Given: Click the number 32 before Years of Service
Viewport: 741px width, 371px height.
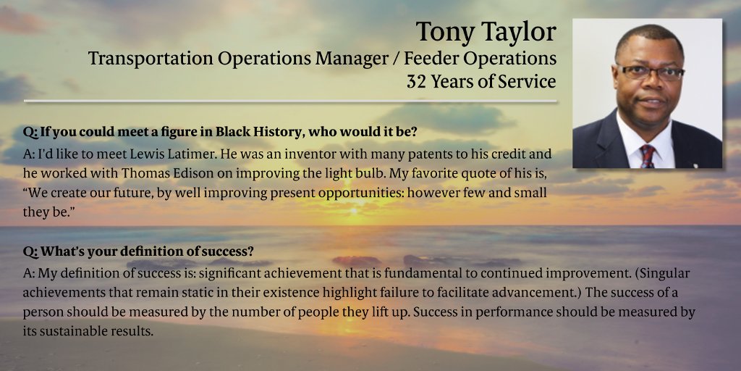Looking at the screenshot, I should click(417, 82).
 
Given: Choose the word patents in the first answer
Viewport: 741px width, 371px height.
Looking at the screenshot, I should click(406, 154).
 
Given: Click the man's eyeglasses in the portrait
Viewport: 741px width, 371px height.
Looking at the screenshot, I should click(649, 72).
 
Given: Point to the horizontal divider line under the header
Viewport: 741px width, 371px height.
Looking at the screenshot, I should click(289, 101).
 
